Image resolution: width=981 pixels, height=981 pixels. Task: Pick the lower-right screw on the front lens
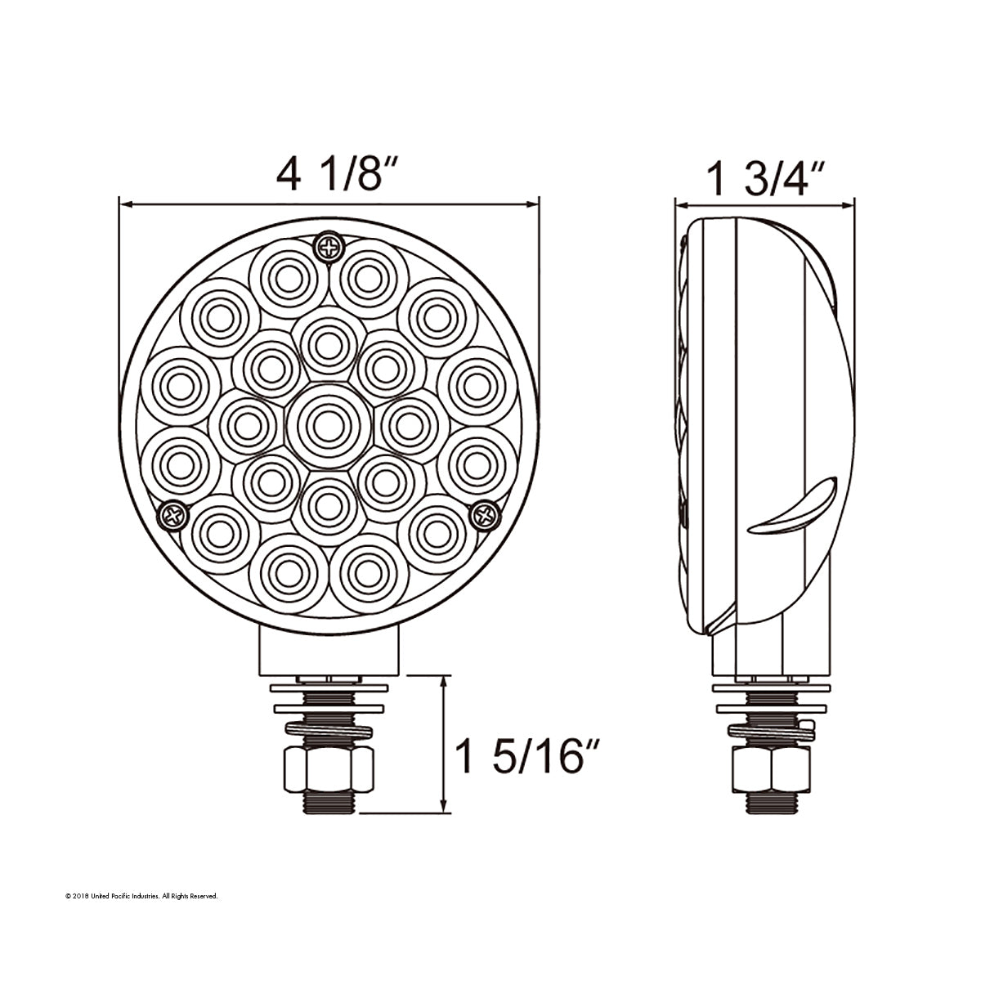pyautogui.click(x=486, y=514)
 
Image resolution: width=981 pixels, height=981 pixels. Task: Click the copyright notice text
pyautogui.click(x=141, y=897)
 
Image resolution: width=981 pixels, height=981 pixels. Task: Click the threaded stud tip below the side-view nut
pyautogui.click(x=771, y=803)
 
